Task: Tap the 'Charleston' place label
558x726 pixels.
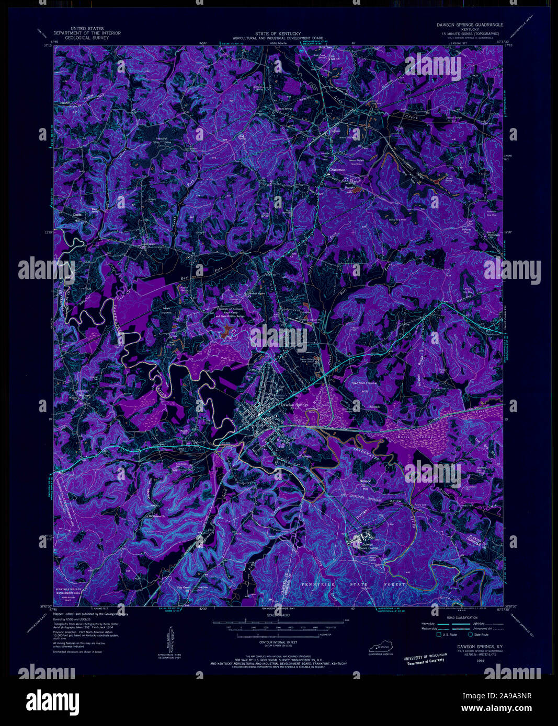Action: pos(337,170)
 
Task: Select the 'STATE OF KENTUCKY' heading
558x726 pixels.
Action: pos(278,33)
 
